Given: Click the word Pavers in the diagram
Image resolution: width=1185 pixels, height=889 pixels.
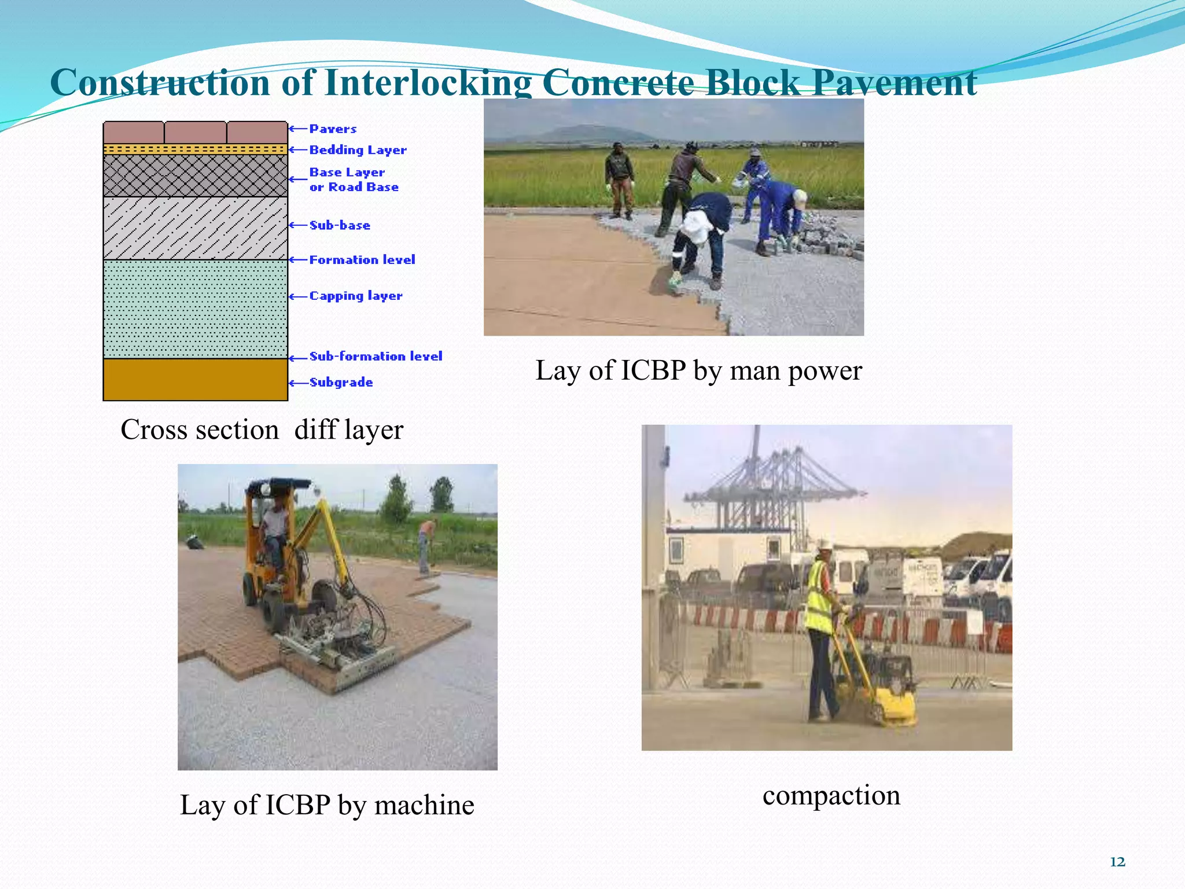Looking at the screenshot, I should pyautogui.click(x=333, y=129).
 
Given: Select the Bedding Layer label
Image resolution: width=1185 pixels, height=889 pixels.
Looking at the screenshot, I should pyautogui.click(x=358, y=150).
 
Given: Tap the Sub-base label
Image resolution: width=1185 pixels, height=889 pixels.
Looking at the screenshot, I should pyautogui.click(x=340, y=225).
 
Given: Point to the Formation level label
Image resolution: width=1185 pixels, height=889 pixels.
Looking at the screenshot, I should pyautogui.click(x=362, y=260).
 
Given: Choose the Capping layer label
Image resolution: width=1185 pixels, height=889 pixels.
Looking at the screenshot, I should pyautogui.click(x=356, y=296).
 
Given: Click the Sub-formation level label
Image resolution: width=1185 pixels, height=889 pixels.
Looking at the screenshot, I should pyautogui.click(x=376, y=357).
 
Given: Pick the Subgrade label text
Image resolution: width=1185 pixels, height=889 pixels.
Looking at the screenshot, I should pyautogui.click(x=341, y=383).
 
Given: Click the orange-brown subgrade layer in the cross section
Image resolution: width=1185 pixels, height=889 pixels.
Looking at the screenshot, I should pyautogui.click(x=195, y=380).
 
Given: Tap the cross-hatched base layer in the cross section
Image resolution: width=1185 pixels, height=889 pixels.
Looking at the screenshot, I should pyautogui.click(x=195, y=175).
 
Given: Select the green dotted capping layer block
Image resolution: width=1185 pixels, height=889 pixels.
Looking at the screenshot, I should pyautogui.click(x=195, y=308).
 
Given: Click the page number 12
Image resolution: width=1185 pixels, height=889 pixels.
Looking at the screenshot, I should pyautogui.click(x=1117, y=862).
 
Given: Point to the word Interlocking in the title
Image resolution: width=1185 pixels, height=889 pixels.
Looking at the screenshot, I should pyautogui.click(x=428, y=82).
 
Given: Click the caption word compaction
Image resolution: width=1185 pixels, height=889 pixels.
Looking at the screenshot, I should pyautogui.click(x=831, y=795).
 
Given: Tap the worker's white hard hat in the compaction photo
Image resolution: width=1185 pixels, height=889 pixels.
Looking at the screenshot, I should pyautogui.click(x=824, y=545).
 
